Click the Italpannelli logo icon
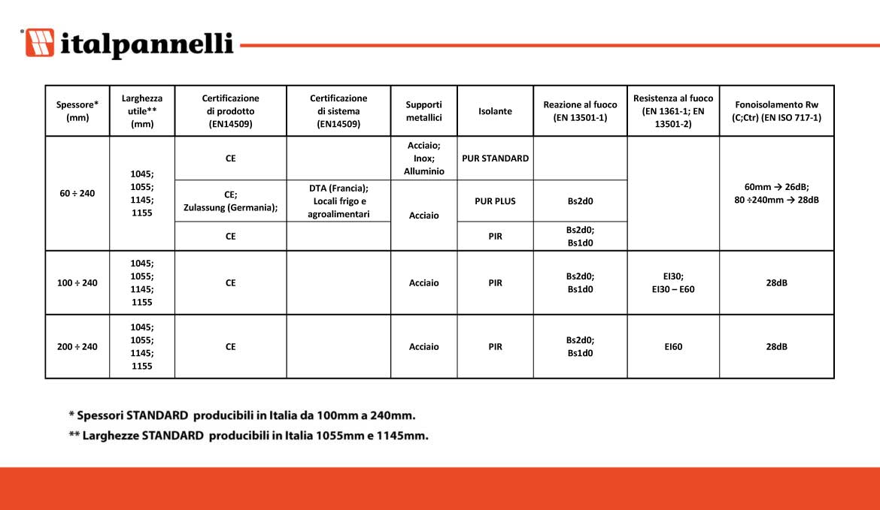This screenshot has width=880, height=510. click(40, 43)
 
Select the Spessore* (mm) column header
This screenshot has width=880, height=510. click(77, 111)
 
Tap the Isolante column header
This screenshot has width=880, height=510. click(495, 111)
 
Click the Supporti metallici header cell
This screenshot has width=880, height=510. click(423, 111)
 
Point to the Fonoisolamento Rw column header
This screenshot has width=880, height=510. click(776, 111)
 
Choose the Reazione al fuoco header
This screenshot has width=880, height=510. click(580, 111)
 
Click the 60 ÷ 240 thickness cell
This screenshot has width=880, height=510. click(77, 194)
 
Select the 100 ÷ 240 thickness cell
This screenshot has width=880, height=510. click(77, 283)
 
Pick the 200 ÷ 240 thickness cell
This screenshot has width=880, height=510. click(77, 347)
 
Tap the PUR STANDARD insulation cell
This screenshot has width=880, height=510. click(495, 158)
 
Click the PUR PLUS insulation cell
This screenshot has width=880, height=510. click(495, 201)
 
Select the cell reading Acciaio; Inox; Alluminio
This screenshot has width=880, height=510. click(423, 158)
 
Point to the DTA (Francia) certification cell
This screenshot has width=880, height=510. click(338, 201)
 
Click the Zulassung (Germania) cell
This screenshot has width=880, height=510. click(230, 201)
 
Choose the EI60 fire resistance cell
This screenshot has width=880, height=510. click(673, 347)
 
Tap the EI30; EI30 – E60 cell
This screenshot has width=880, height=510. click(673, 283)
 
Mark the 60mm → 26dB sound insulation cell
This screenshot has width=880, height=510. click(776, 194)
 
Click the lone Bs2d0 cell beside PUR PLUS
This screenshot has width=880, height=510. click(580, 201)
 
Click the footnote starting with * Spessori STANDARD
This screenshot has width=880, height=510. click(241, 415)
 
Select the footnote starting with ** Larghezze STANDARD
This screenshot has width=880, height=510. click(248, 436)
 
